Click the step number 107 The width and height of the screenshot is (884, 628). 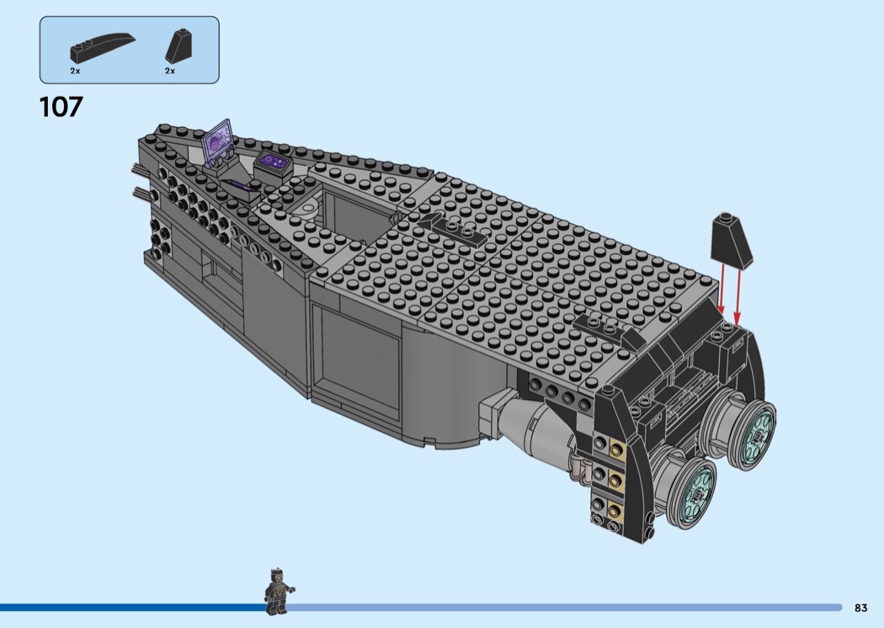click(x=61, y=107)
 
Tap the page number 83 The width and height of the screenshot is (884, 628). click(x=860, y=608)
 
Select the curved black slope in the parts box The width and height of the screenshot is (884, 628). click(x=103, y=48)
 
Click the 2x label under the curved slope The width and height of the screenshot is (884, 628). click(x=76, y=71)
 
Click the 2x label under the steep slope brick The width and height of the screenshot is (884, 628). click(x=170, y=71)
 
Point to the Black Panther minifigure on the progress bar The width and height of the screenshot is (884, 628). click(x=278, y=591)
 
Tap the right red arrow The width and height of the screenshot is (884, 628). click(x=737, y=297)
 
